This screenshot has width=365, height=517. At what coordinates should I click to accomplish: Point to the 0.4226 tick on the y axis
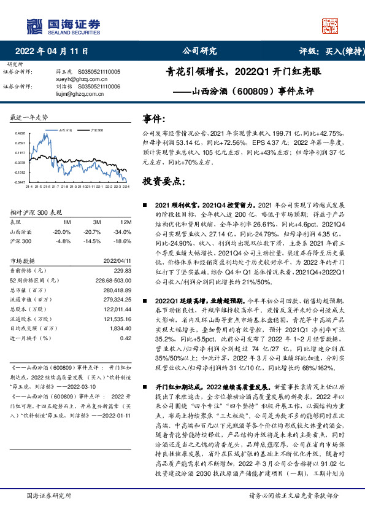(20, 133)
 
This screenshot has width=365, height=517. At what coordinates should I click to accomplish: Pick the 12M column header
(126, 222)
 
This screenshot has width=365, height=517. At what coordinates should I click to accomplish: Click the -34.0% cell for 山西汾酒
(123, 232)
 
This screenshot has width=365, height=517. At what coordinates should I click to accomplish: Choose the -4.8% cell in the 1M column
(61, 241)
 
